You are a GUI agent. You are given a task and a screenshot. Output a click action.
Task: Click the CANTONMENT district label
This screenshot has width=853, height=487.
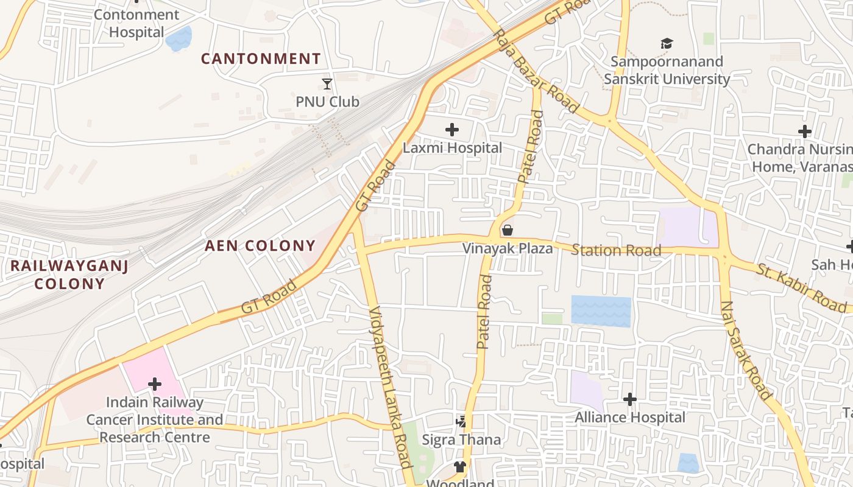(x=261, y=59)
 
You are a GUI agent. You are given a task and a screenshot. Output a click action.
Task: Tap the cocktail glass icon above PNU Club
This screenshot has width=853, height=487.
(x=327, y=83)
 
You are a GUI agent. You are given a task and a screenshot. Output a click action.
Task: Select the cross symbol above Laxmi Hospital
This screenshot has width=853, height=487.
(x=451, y=129)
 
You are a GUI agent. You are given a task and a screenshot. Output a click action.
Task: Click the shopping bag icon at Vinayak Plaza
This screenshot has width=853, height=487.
(x=507, y=230)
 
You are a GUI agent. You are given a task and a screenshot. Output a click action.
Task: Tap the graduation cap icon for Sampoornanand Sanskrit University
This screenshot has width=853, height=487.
(x=667, y=44)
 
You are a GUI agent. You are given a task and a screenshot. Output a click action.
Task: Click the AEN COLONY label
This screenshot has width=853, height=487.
(x=260, y=246)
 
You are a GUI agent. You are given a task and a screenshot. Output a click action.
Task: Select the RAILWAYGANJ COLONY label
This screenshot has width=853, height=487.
(x=69, y=275)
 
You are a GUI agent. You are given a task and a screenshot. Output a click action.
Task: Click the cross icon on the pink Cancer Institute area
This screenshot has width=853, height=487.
(x=155, y=384)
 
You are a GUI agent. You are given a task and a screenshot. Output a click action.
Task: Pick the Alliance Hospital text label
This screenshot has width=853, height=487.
(x=630, y=418)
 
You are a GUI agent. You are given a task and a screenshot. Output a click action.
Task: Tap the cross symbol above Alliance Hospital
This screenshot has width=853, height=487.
(x=630, y=399)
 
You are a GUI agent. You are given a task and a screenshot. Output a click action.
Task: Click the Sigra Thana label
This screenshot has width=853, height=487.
(x=461, y=440)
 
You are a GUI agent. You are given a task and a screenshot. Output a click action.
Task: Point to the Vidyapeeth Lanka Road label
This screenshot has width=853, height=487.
(x=392, y=387)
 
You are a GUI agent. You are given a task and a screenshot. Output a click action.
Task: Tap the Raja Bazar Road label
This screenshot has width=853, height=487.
(x=536, y=71)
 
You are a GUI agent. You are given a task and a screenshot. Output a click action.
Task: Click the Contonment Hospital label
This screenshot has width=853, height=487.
(x=136, y=23)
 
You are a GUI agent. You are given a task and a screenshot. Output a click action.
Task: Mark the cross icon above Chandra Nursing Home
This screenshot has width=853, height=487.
(x=805, y=131)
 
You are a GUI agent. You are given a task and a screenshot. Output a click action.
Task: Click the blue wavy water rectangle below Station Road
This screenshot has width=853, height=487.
(x=601, y=311)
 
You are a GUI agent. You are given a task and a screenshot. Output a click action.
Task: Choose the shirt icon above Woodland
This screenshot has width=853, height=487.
(x=460, y=467)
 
